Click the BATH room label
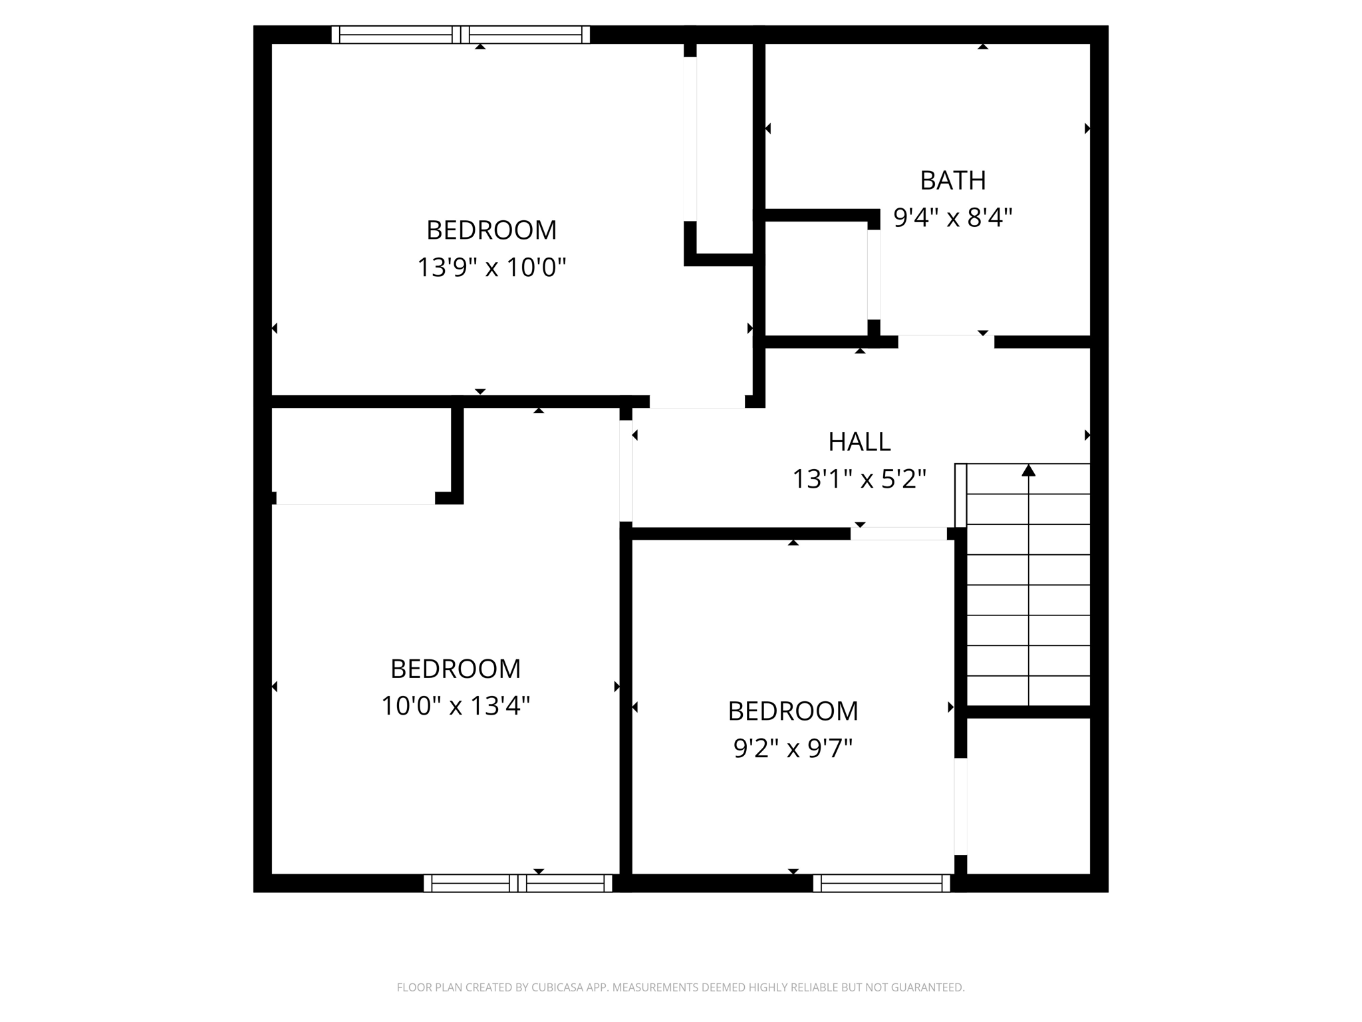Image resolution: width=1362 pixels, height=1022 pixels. pyautogui.click(x=952, y=180)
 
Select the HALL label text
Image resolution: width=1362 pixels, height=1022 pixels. pyautogui.click(x=859, y=442)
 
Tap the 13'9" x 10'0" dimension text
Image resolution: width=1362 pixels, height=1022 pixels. pyautogui.click(x=491, y=267)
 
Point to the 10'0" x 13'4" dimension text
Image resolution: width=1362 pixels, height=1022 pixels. pyautogui.click(x=456, y=705)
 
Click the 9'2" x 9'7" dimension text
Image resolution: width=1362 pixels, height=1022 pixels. pyautogui.click(x=793, y=749)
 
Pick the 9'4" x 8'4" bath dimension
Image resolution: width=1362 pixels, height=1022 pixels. pyautogui.click(x=952, y=218)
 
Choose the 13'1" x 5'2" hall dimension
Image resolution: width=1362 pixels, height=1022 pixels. pyautogui.click(x=859, y=479)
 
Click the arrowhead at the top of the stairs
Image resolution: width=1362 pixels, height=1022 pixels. pyautogui.click(x=1029, y=470)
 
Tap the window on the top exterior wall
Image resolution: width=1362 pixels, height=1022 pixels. pyautogui.click(x=460, y=35)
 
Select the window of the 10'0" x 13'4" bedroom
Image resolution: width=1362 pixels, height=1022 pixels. pyautogui.click(x=517, y=883)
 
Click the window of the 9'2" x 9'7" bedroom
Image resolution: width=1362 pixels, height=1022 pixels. pyautogui.click(x=881, y=883)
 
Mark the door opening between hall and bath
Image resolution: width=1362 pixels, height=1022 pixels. pyautogui.click(x=946, y=342)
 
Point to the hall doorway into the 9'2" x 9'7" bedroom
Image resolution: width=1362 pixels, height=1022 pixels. pyautogui.click(x=898, y=534)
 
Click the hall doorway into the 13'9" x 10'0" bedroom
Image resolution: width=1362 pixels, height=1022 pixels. pyautogui.click(x=697, y=401)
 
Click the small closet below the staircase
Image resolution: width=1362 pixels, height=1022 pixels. pyautogui.click(x=1028, y=795)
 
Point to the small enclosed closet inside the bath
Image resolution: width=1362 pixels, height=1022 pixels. pyautogui.click(x=816, y=278)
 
